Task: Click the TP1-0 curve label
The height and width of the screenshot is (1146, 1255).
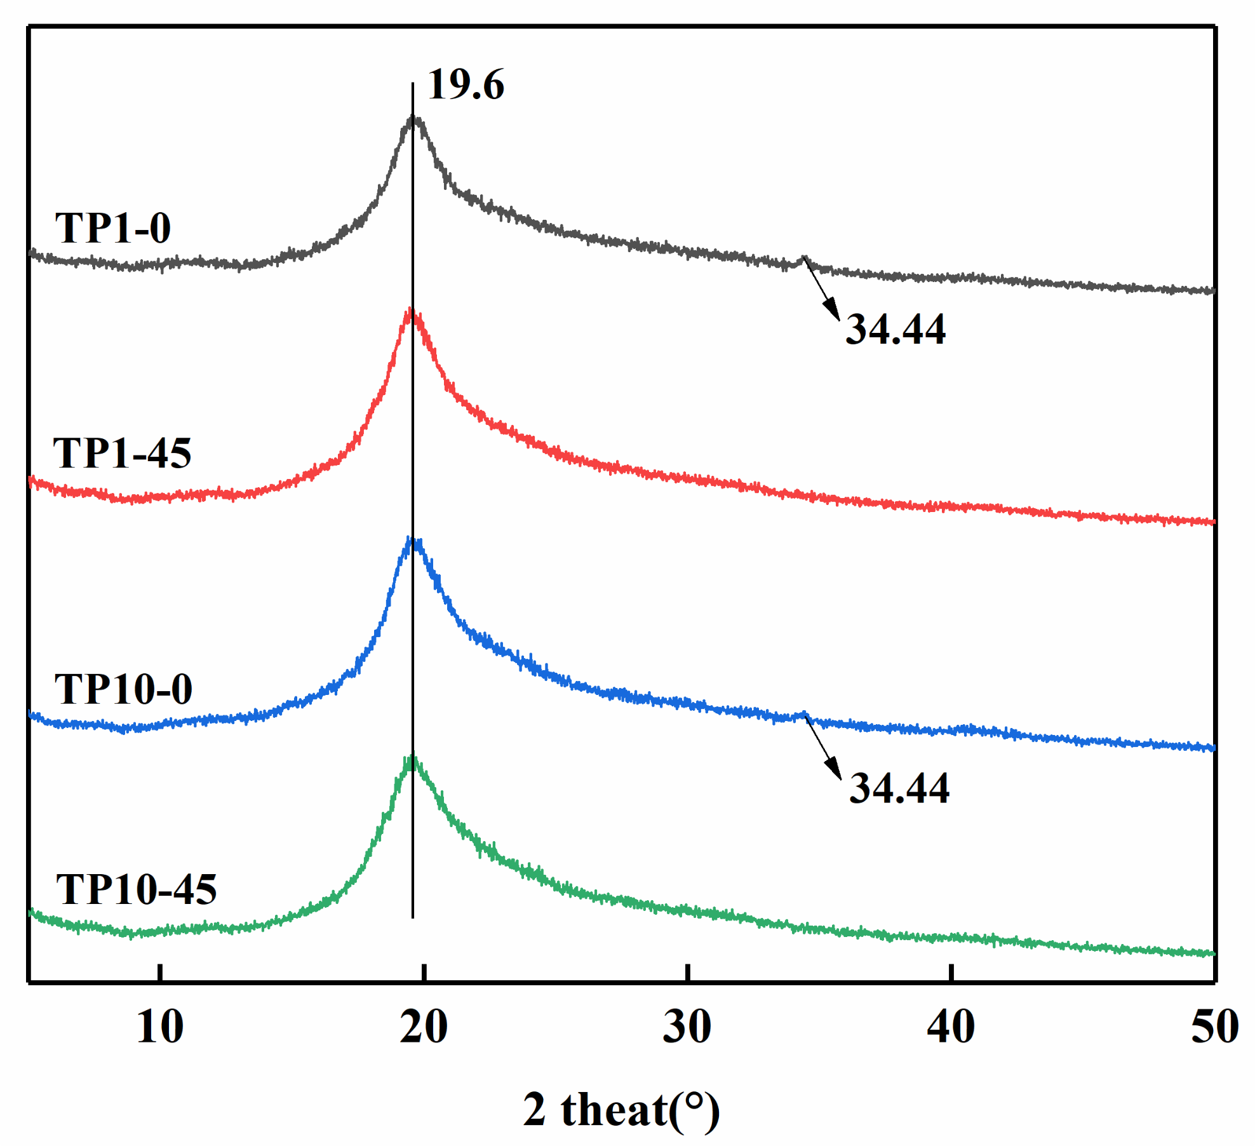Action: coord(113,228)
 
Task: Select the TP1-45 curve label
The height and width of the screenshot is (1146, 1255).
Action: coord(122,454)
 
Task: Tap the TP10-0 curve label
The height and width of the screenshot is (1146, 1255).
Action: coord(123,689)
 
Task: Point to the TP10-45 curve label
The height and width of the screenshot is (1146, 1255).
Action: coord(136,889)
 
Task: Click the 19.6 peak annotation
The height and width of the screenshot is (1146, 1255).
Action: coord(466,84)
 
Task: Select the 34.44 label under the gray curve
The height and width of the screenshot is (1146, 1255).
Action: coord(895,330)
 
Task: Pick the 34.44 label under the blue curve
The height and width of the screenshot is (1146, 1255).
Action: coord(899,788)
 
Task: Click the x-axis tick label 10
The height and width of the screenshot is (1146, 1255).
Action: coord(160,1027)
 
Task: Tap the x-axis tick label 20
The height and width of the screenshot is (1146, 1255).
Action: coord(424,1027)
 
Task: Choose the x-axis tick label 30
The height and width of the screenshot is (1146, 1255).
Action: coord(687,1027)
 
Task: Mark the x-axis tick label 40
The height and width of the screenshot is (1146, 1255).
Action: coord(951,1027)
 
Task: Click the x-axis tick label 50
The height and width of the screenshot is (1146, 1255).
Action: coord(1214,1027)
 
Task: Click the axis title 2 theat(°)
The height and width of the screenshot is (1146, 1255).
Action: coord(621,1110)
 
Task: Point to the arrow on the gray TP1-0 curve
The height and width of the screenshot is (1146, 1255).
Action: coord(822,289)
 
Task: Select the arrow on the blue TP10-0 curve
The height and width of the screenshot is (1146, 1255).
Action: coord(824,748)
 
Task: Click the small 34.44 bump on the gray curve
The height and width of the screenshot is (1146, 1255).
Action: coord(803,258)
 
